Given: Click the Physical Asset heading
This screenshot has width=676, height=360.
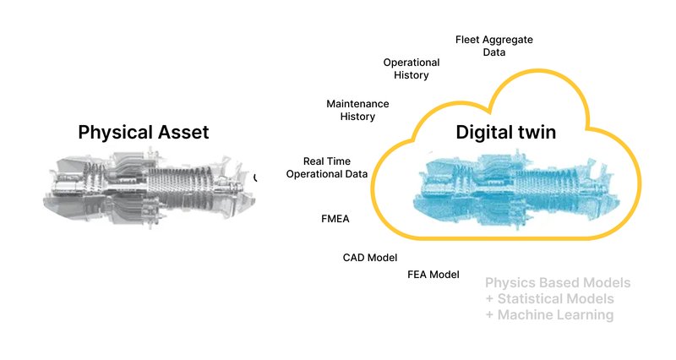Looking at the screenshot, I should [x=143, y=132].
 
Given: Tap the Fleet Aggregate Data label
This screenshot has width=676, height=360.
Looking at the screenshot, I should [x=494, y=46].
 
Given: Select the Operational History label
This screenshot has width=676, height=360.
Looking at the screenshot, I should [x=412, y=68].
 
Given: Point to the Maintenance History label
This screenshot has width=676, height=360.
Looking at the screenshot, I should [x=357, y=110].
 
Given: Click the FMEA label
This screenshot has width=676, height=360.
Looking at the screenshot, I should [x=335, y=218].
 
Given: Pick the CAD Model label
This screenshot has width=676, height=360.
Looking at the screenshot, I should [x=369, y=258].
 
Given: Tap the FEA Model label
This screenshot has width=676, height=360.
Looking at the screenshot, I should [x=433, y=275].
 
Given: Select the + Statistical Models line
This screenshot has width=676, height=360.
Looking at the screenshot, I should [x=549, y=298].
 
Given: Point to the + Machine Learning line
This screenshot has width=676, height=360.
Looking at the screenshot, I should [x=549, y=314].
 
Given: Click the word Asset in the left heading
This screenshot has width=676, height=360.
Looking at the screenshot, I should [x=182, y=132].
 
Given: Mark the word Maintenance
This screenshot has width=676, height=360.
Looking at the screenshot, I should [x=357, y=104].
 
